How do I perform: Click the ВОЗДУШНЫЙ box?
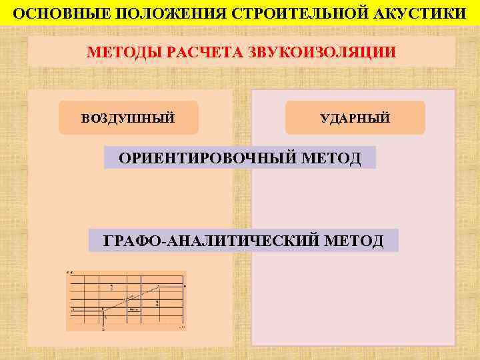128,118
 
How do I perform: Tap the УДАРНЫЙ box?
355,118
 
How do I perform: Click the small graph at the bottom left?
126,301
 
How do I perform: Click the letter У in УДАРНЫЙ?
324,119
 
